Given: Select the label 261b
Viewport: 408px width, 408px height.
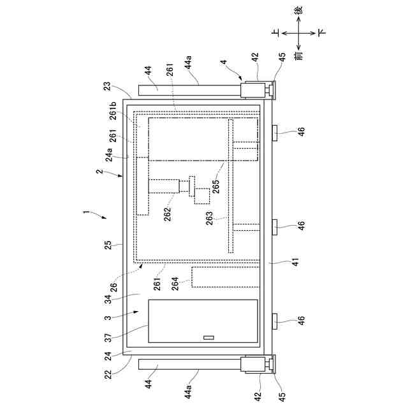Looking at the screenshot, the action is (113, 110).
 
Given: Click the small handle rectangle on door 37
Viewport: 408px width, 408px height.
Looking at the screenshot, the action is (208, 338).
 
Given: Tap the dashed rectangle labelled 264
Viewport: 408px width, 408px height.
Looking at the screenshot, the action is (225, 276).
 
